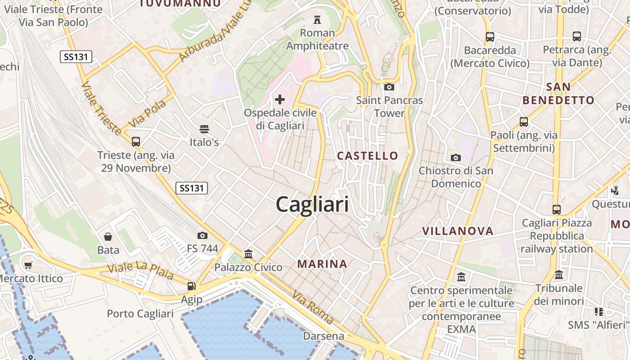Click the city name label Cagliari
tap(312, 205)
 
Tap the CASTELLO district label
tap(368, 156)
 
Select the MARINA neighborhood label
tap(322, 264)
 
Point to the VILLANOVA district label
tap(458, 231)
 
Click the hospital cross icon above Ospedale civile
tap(280, 99)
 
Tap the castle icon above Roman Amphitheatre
tap(317, 20)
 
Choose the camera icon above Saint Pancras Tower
tap(389, 87)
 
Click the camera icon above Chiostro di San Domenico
tap(456, 157)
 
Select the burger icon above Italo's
tap(204, 129)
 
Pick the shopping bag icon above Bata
tap(108, 237)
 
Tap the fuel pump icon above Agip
tap(191, 286)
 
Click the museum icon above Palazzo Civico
tap(248, 254)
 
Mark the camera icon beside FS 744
tap(202, 235)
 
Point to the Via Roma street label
tap(313, 307)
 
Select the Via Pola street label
tap(147, 114)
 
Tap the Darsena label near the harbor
tap(323, 336)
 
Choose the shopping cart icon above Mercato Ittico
tap(28, 265)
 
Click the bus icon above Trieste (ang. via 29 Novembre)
tap(136, 142)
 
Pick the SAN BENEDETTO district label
tap(558, 94)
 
